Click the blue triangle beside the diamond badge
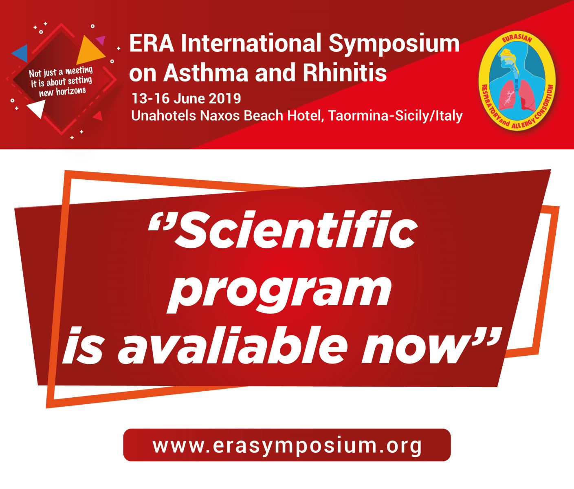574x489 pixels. click(20, 53)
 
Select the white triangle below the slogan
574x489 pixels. click(36, 108)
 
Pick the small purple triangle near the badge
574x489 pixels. click(101, 40)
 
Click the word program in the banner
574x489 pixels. click(279, 293)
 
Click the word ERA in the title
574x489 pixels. click(152, 43)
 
